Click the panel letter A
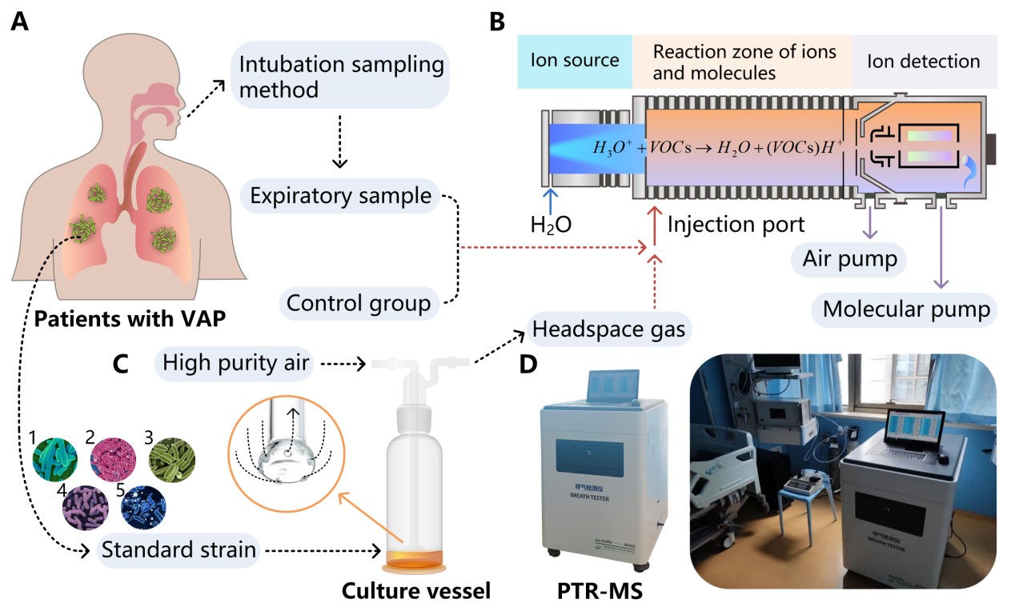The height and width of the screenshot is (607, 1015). coord(21,22)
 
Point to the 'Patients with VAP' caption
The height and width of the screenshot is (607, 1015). coord(121,318)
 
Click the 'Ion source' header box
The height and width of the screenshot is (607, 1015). coord(575,61)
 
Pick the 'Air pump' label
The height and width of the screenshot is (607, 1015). coord(848,259)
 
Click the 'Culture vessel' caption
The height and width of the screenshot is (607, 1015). coord(415,591)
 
